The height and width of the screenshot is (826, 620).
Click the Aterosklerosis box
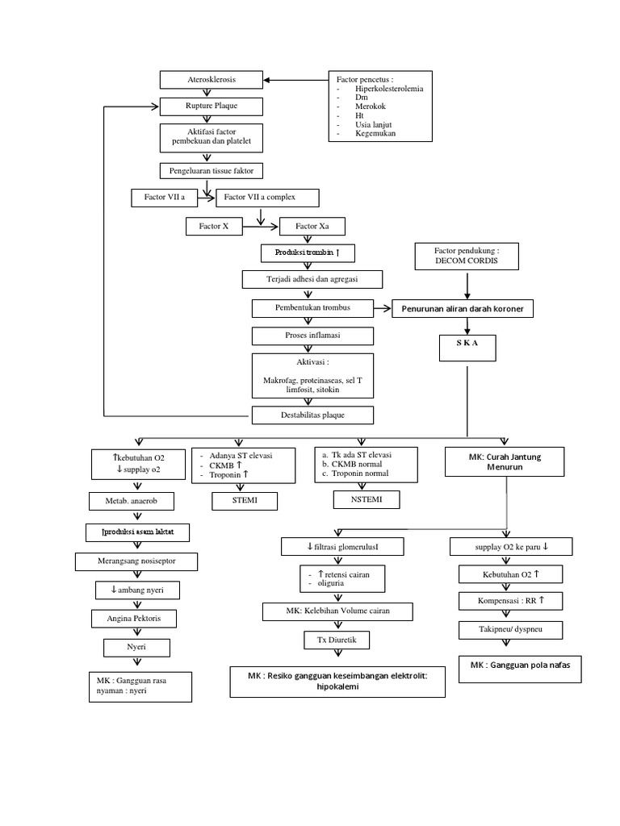[x=211, y=80]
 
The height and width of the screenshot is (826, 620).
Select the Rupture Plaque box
[x=211, y=106]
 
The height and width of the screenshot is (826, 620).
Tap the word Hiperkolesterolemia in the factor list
[x=389, y=90]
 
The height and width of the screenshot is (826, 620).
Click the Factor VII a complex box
[x=266, y=198]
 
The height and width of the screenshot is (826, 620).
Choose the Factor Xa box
[x=312, y=227]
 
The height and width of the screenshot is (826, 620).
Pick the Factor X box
[x=214, y=227]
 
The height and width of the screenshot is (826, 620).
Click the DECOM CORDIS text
[x=465, y=262]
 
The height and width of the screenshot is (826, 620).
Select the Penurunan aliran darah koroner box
[x=463, y=310]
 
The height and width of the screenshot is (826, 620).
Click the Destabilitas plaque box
[x=312, y=415]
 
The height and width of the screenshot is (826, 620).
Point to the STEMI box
[x=245, y=501]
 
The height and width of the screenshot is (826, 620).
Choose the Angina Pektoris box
[x=136, y=619]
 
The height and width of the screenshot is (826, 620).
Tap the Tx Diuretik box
[x=336, y=640]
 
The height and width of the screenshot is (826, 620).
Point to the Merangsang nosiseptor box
[x=136, y=561]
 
